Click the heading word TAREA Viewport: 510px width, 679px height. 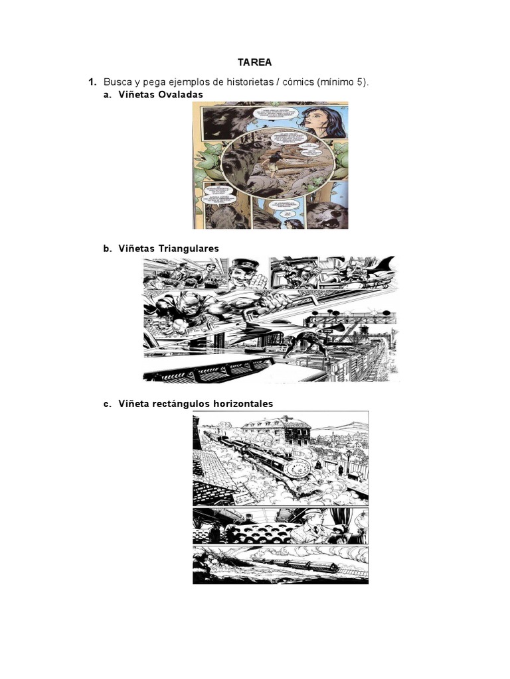pos(255,63)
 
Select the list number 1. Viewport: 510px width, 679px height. pos(93,82)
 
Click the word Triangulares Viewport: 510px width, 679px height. pos(189,249)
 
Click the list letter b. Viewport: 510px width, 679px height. pos(106,249)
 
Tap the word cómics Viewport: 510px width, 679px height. pos(296,82)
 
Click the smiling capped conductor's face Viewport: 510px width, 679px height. pos(240,273)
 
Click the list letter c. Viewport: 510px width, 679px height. pos(106,404)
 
